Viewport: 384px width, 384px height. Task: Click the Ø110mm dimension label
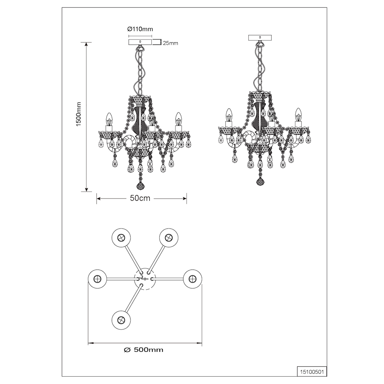[x=140, y=29]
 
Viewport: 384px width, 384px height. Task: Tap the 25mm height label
[x=170, y=43]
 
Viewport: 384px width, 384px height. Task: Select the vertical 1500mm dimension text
[x=79, y=114]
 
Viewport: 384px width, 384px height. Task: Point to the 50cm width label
[x=140, y=198]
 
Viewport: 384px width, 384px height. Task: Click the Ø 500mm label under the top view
[x=144, y=350]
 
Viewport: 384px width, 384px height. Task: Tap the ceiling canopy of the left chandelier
[x=140, y=42]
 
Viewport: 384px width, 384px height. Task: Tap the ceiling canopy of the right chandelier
[x=260, y=38]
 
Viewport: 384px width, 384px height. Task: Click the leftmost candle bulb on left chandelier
[x=109, y=119]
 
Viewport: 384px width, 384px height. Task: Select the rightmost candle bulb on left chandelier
[x=179, y=119]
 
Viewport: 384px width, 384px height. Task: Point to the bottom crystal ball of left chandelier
[x=140, y=186]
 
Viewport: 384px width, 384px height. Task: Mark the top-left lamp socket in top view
[x=121, y=238]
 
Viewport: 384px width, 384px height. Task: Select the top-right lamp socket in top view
[x=169, y=238]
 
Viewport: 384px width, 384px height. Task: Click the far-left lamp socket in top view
[x=98, y=279]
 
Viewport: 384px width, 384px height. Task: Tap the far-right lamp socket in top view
[x=192, y=279]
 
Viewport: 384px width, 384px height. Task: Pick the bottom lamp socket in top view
[x=121, y=320]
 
